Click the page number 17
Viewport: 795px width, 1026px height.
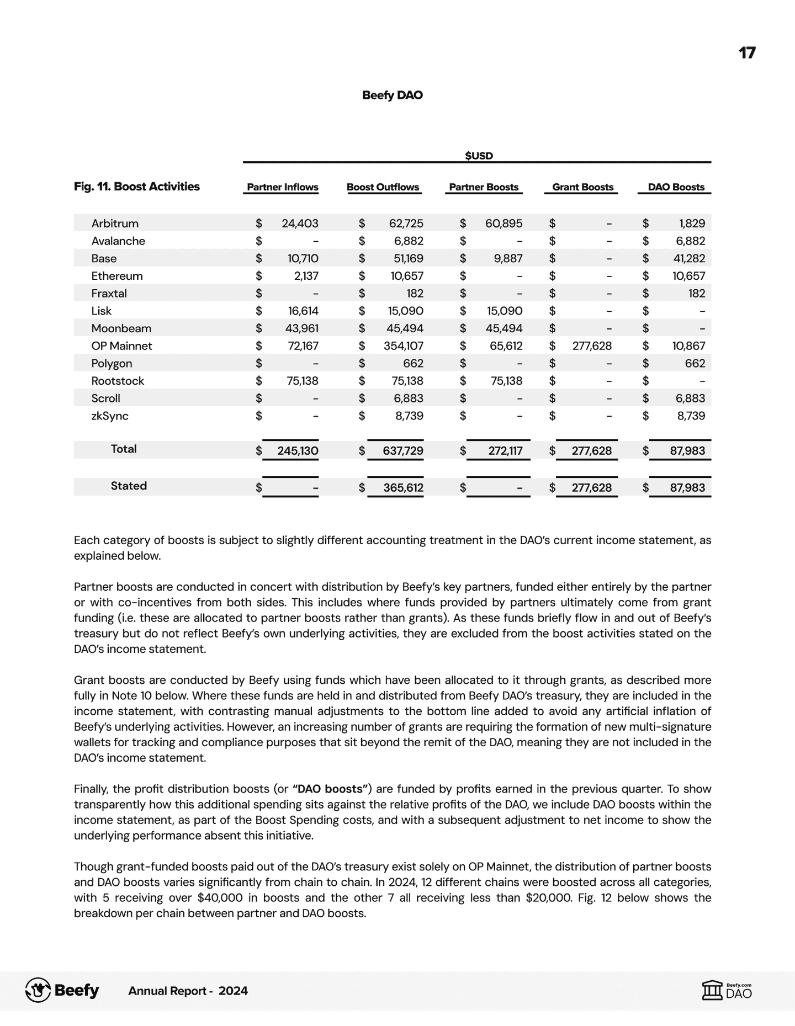pyautogui.click(x=746, y=53)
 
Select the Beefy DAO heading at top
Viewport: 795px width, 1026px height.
pyautogui.click(x=392, y=95)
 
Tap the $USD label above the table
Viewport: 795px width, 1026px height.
pyautogui.click(x=479, y=156)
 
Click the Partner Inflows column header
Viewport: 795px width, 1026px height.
pyautogui.click(x=282, y=187)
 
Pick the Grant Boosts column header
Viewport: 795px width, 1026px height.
pyautogui.click(x=582, y=187)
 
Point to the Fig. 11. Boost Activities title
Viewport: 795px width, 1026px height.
pyautogui.click(x=137, y=187)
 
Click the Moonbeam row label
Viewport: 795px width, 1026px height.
pyautogui.click(x=121, y=328)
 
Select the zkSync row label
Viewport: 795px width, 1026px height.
pyautogui.click(x=110, y=416)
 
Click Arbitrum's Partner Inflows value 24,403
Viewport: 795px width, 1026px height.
pyautogui.click(x=300, y=224)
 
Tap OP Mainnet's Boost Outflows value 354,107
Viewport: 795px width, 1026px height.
pyautogui.click(x=404, y=346)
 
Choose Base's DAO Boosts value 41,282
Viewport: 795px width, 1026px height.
pyautogui.click(x=689, y=258)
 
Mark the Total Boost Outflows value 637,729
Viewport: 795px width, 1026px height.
pyautogui.click(x=403, y=450)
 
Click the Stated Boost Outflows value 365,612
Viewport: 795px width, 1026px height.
pyautogui.click(x=403, y=487)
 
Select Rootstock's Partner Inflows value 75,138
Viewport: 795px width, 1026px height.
pyautogui.click(x=303, y=381)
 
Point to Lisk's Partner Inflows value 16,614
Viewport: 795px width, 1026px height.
pyautogui.click(x=303, y=311)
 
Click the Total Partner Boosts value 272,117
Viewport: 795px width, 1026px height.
pyautogui.click(x=505, y=450)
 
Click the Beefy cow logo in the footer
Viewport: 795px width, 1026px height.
pyautogui.click(x=38, y=990)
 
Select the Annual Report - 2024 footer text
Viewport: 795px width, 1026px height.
pyautogui.click(x=188, y=991)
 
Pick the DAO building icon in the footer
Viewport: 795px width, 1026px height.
pyautogui.click(x=712, y=990)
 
